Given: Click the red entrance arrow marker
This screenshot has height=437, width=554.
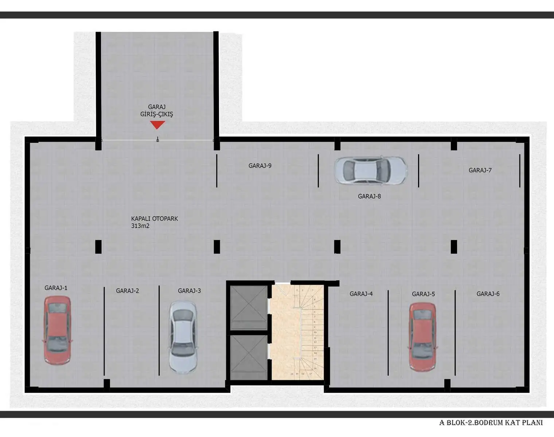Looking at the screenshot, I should point(157,125).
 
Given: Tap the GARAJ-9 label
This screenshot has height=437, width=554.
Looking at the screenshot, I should point(260,166).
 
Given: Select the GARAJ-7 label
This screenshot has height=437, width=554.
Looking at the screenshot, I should point(480,170).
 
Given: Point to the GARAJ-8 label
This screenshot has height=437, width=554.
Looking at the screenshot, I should point(369,196).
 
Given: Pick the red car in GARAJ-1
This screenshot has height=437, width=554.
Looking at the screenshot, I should point(57,330).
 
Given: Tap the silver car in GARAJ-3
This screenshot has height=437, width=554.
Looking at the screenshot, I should point(183,337).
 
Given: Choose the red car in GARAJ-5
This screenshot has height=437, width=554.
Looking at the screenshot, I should point(422,336).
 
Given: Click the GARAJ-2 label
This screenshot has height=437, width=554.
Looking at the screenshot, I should point(128,291).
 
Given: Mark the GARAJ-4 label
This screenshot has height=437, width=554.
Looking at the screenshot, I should point(361,294).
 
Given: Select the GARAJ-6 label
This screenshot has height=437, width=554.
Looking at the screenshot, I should point(488,294).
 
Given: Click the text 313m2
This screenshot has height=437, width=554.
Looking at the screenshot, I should point(140,226).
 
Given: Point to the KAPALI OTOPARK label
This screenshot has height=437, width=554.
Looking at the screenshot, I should point(155,219).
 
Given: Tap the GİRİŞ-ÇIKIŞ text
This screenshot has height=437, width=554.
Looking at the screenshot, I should point(157,114).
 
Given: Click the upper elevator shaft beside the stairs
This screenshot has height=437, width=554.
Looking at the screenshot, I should point(249,303).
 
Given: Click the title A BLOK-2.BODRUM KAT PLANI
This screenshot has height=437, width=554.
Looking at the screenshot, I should point(491,422).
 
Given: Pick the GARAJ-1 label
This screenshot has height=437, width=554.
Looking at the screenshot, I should point(56,288).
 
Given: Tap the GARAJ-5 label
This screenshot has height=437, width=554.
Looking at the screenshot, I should point(423,294).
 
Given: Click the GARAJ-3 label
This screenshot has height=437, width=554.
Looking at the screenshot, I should point(189,291).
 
